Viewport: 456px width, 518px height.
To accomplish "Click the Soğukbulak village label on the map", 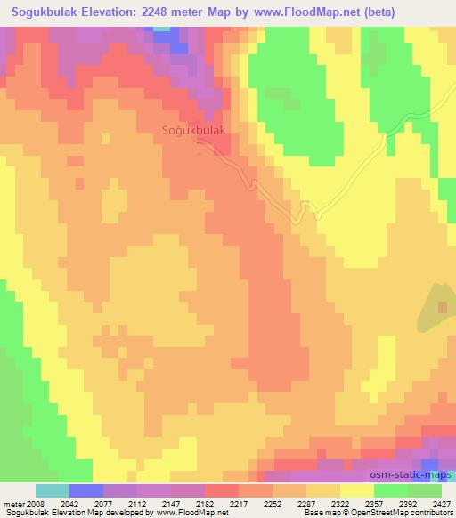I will [x=194, y=131].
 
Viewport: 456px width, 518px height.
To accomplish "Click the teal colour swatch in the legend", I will [x=53, y=490].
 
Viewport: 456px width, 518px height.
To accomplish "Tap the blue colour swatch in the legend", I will [x=86, y=490].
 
